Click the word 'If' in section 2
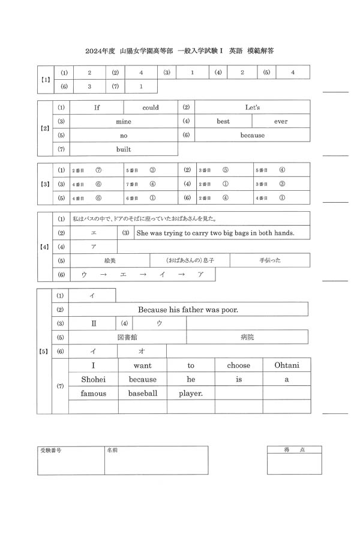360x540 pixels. pos(97,108)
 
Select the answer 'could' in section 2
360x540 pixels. pos(151,108)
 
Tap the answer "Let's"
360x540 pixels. pos(253,108)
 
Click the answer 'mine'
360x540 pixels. pos(124,122)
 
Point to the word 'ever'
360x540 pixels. pos(281,122)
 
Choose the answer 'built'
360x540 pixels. pos(124,149)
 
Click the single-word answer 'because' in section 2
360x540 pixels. pos(253,136)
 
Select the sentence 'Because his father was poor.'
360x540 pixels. pos(188,310)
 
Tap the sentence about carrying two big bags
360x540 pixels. pos(215,233)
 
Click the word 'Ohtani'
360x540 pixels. pos(287,365)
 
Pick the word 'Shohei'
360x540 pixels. pos(93,379)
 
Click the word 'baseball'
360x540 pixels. pos(143,394)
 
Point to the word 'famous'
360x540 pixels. pos(93,394)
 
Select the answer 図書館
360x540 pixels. pos(128,337)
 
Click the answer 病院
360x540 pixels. pos(247,337)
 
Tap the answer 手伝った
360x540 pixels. pos(270,261)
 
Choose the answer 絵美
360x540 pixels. pos(110,261)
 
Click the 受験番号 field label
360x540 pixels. pos(50,450)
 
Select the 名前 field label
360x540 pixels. pos(112,450)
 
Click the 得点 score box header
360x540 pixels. pos(294,450)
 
